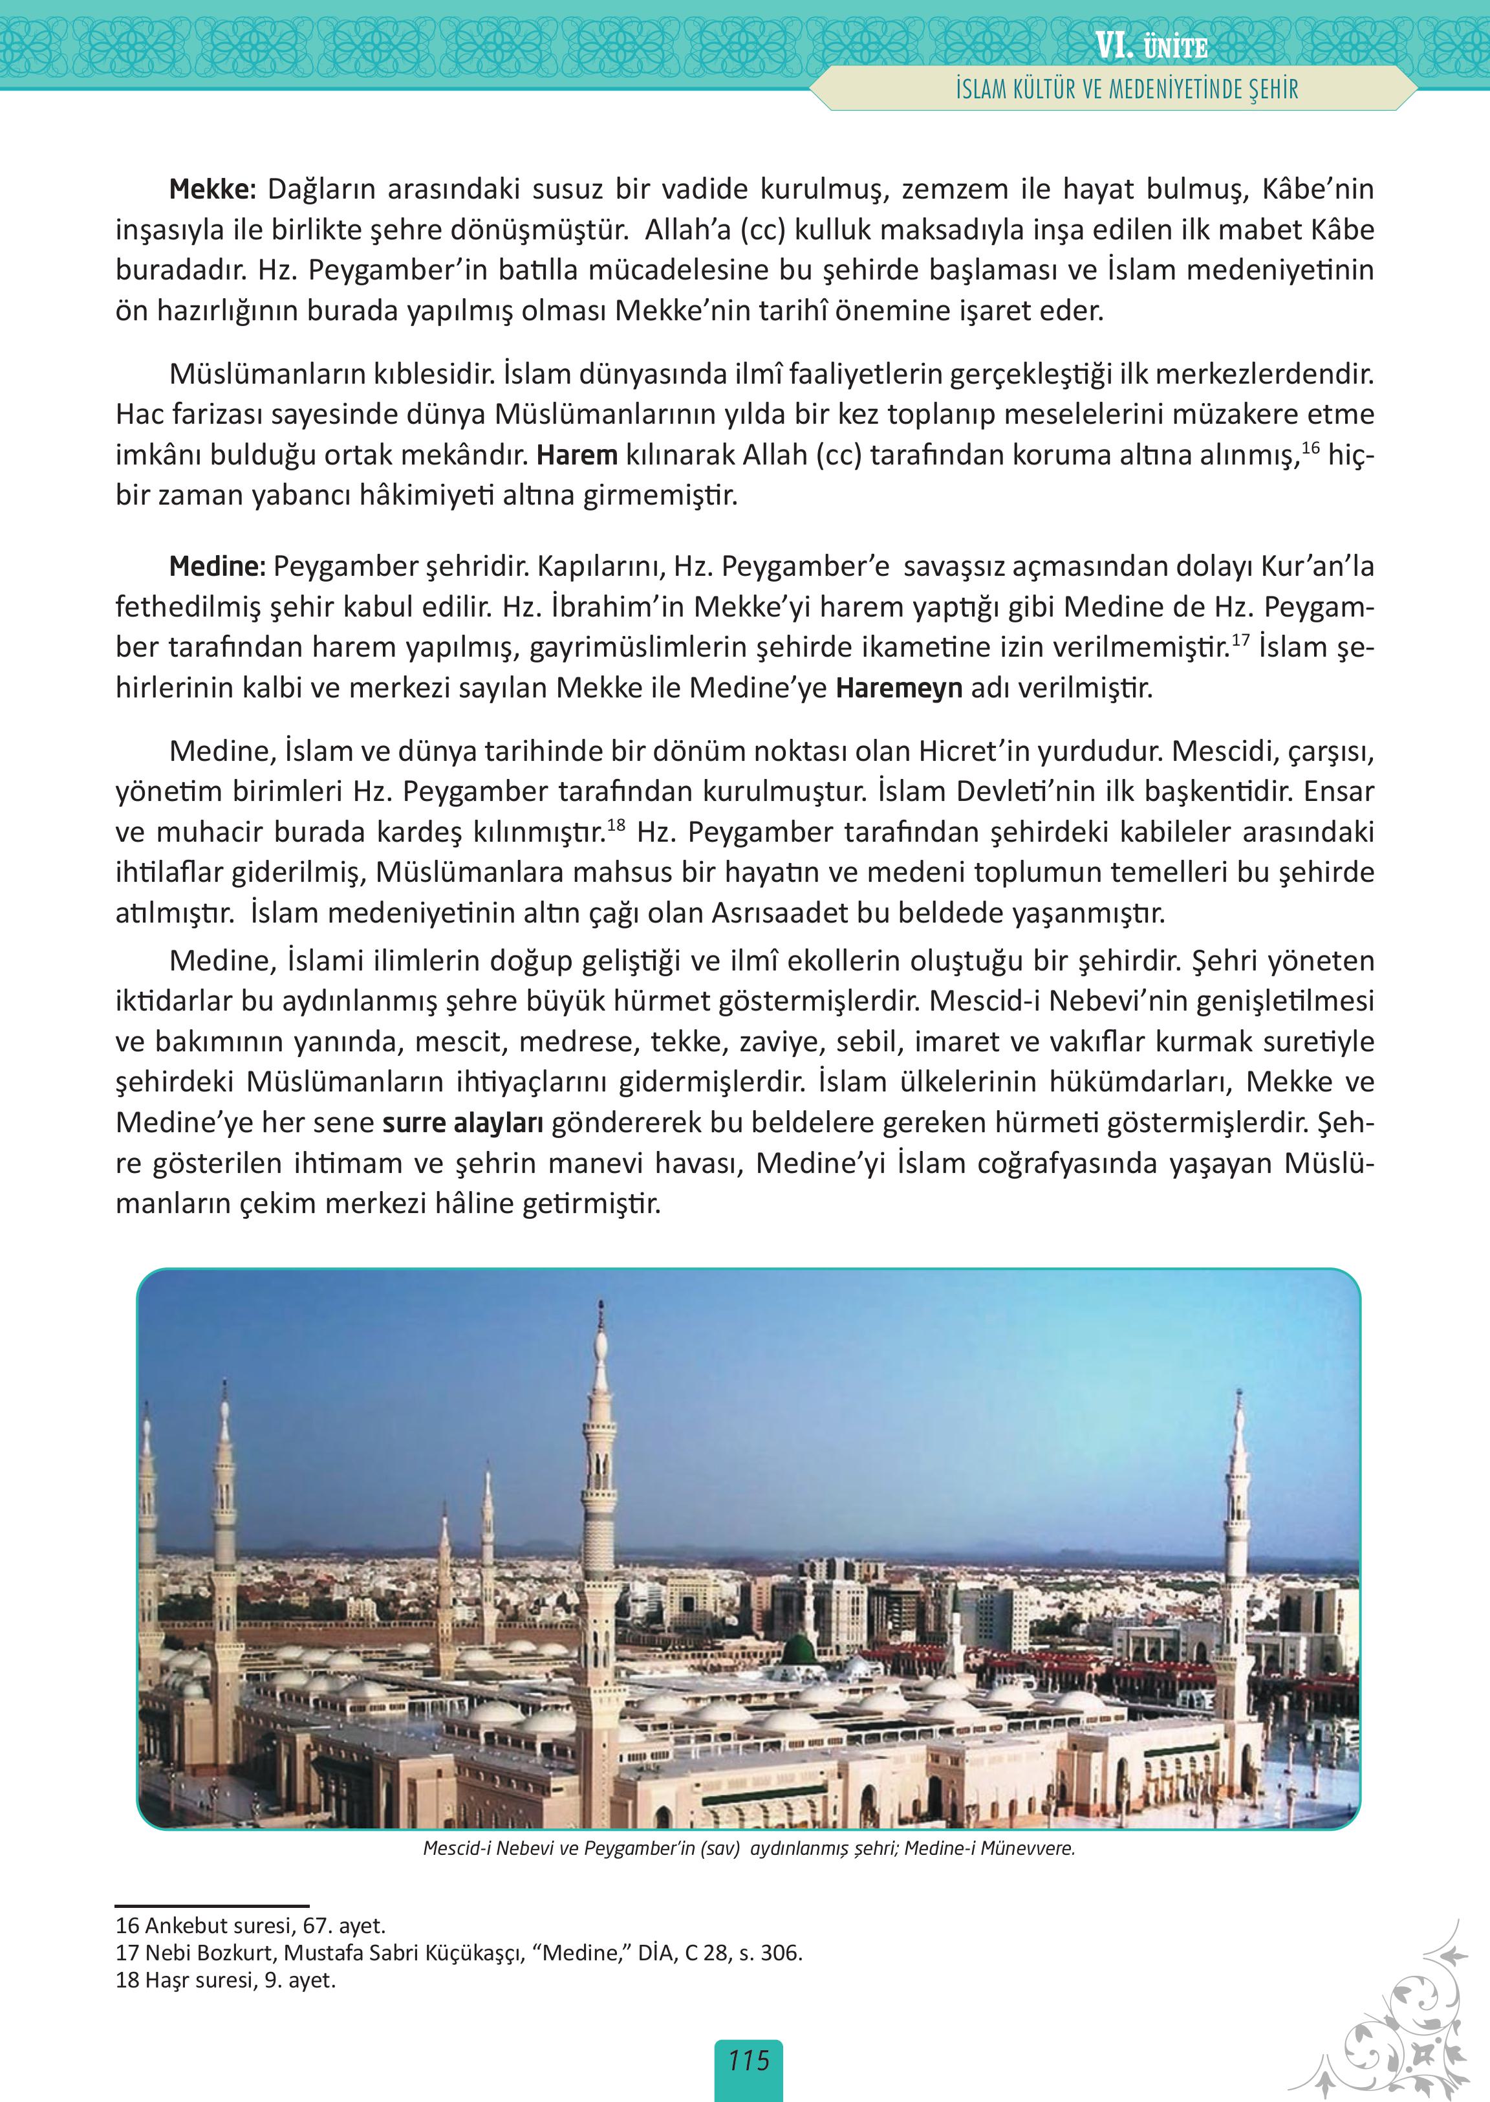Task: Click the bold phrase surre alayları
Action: pyautogui.click(x=462, y=1122)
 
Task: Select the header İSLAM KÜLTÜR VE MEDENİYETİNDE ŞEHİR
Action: pyautogui.click(x=1127, y=90)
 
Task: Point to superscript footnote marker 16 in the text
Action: pyautogui.click(x=1310, y=447)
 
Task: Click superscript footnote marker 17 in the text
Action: pyautogui.click(x=1240, y=640)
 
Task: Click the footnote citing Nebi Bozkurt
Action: pyautogui.click(x=459, y=1953)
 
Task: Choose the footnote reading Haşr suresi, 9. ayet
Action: pyautogui.click(x=226, y=1980)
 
